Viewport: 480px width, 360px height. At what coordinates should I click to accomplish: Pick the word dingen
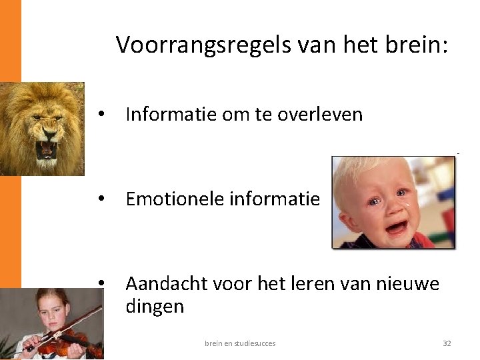[x=154, y=307]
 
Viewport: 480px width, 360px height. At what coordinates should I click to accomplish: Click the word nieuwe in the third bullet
[x=407, y=285]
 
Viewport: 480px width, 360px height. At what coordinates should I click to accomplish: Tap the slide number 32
[x=447, y=343]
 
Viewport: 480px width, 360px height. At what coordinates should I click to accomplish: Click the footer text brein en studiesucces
[x=240, y=343]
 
